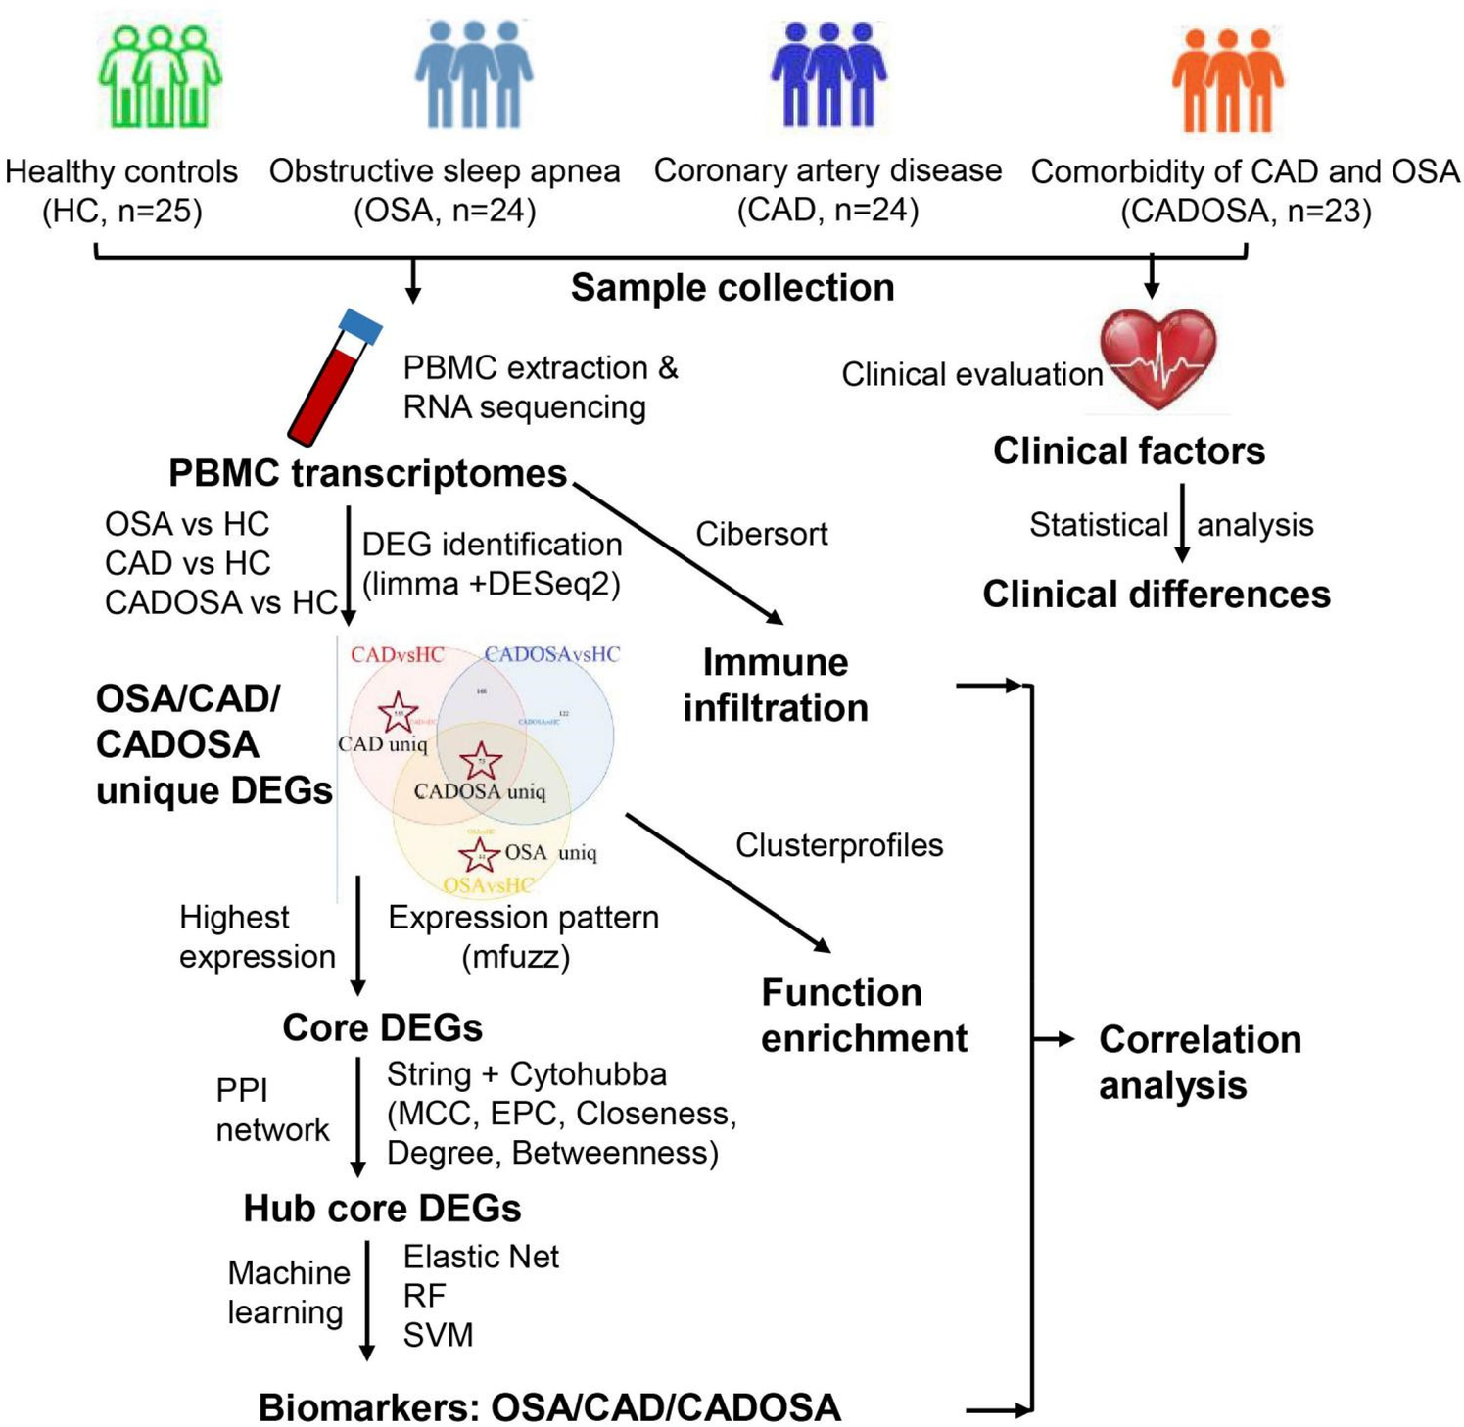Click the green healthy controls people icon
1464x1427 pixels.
(160, 76)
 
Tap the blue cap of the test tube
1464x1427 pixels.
(359, 326)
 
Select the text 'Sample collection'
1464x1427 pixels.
(732, 288)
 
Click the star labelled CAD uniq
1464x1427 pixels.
(398, 712)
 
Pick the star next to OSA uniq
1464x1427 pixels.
(479, 855)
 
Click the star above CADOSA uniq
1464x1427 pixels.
(481, 761)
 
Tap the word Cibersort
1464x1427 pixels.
(761, 534)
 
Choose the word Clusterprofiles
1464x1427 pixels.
(839, 845)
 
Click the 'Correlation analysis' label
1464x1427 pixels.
(1200, 1062)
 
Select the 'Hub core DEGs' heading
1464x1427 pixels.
(382, 1209)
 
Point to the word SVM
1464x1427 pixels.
(438, 1335)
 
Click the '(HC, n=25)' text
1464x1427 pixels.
(121, 211)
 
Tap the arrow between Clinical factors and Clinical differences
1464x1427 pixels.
(1182, 523)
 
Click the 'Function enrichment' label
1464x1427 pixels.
(864, 1015)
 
